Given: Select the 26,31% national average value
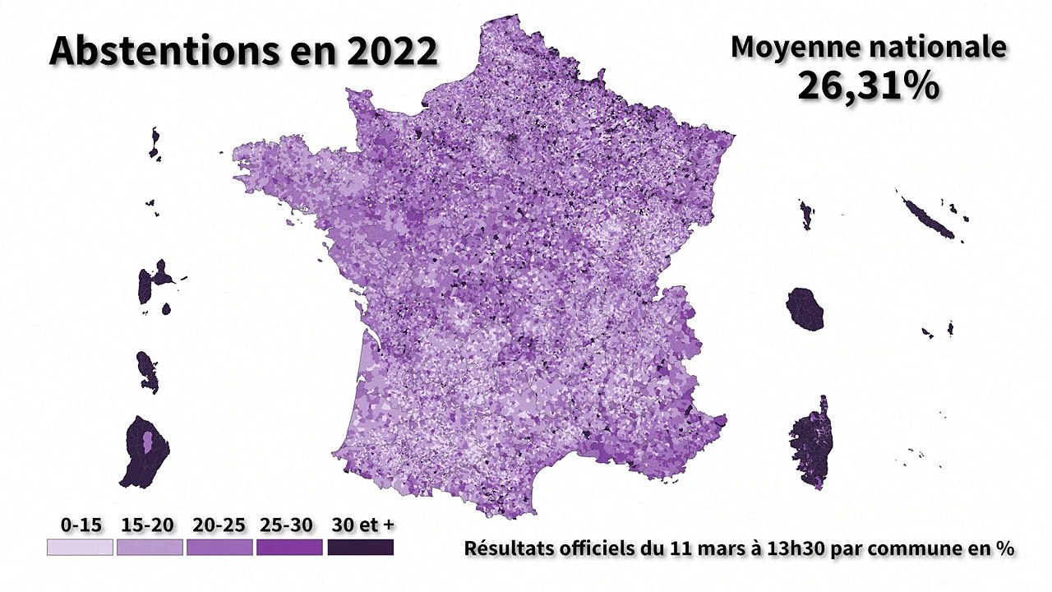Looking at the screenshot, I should click(x=869, y=86).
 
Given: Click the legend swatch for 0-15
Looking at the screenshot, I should click(x=80, y=548).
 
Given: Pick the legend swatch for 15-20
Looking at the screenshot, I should click(x=150, y=548).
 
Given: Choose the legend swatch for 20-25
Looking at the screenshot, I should click(x=219, y=548).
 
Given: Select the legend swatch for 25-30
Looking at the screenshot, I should click(x=289, y=548).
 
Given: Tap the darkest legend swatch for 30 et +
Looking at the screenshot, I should click(x=360, y=548).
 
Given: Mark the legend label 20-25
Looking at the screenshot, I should click(x=219, y=525).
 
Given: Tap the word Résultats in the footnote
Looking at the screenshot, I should click(x=505, y=548).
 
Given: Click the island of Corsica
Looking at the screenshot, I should click(x=811, y=444).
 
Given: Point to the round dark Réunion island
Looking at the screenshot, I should click(x=805, y=308).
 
